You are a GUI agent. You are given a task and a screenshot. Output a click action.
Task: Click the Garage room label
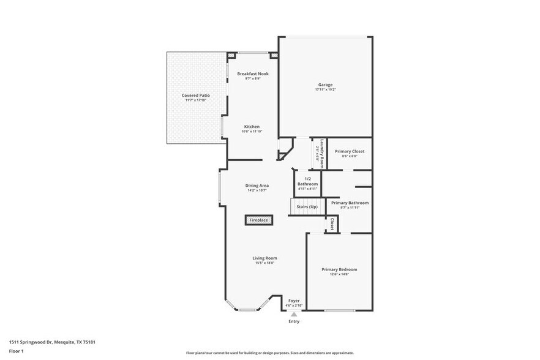pos(325,84)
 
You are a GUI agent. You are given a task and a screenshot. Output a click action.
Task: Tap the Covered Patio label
pos(195,96)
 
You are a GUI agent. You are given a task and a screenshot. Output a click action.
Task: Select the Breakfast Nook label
pos(253,73)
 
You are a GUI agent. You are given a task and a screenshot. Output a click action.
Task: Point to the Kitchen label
pos(252,127)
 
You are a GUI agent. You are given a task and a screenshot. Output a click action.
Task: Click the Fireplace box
pos(258,220)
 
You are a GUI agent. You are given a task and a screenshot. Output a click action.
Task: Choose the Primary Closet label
pos(350,151)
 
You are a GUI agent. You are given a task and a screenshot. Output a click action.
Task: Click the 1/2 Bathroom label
pos(307,182)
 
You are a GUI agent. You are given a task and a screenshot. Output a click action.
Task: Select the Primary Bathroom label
pos(350,203)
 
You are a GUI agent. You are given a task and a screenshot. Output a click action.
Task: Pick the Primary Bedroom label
pos(339,269)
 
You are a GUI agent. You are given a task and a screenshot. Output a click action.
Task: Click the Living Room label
pos(264,258)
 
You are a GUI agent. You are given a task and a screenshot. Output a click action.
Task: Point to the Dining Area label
pos(257,186)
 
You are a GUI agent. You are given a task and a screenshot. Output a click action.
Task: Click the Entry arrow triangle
pos(294,314)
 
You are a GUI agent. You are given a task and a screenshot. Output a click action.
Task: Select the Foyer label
pos(294,301)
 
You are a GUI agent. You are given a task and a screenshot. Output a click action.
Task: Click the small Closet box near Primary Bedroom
pos(331,224)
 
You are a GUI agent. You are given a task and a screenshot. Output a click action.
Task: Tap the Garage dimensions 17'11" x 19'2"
pos(325,90)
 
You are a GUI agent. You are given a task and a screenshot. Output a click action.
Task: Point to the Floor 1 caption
pos(16,351)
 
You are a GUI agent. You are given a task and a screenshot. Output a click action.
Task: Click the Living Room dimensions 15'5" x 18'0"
pos(264,263)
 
